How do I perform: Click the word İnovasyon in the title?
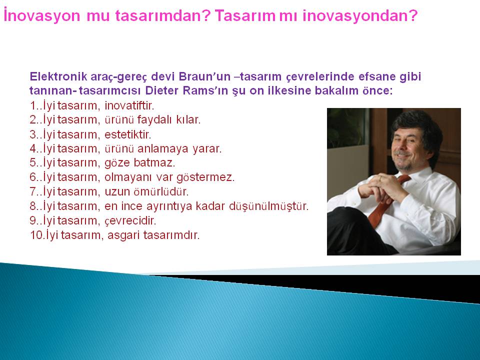42,15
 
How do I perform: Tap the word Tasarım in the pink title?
245,15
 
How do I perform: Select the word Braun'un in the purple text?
204,76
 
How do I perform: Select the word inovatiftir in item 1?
129,105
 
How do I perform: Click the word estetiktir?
128,134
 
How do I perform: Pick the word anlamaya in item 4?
163,149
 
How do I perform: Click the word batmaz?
154,162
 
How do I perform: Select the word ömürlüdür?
161,191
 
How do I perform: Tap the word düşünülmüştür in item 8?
269,206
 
